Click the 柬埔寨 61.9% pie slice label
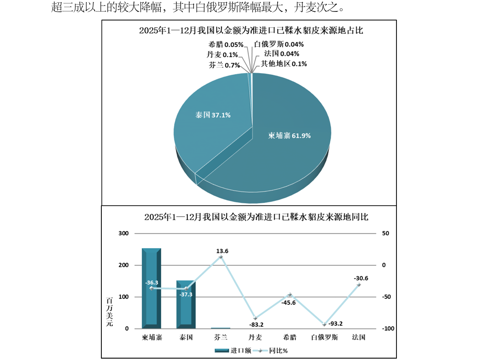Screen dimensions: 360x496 coord(290,136)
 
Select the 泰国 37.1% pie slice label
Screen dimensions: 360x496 coord(213,115)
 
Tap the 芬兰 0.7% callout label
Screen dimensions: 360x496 coord(224,65)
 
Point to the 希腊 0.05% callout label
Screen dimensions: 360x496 coord(226,45)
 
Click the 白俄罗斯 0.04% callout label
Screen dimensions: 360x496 coord(279,45)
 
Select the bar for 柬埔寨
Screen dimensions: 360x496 coord(151,288)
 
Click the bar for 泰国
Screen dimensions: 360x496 coord(186,304)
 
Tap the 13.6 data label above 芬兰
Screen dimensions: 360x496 coord(222,251)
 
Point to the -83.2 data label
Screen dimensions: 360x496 coord(256,325)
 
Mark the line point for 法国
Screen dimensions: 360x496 coord(359,285)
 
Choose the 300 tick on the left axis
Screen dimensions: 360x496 coord(124,233)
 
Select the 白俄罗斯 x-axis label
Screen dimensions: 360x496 coord(324,338)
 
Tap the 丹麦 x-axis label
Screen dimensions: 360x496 coord(255,338)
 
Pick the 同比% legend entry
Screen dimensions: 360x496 coord(272,351)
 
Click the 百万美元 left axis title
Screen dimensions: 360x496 coord(110,312)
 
